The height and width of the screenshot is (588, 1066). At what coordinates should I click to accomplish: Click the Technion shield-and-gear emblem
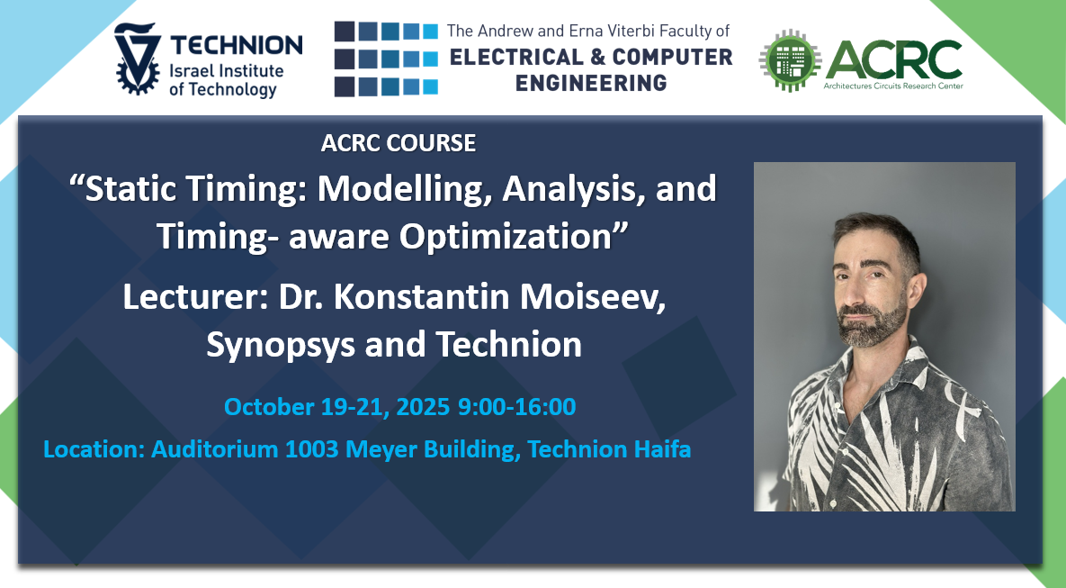[x=138, y=59]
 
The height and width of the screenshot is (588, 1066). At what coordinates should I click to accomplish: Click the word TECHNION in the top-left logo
[x=237, y=45]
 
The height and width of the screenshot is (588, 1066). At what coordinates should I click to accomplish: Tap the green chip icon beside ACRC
[x=790, y=60]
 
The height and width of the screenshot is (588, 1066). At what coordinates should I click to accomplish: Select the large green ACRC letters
[x=894, y=59]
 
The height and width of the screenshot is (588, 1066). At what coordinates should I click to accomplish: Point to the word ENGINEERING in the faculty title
[x=591, y=83]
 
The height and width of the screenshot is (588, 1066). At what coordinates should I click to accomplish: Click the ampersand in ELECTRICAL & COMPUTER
[x=597, y=57]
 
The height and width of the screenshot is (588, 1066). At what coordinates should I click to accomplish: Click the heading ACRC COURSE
[x=399, y=143]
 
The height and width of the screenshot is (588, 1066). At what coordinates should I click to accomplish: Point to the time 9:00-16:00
[x=516, y=406]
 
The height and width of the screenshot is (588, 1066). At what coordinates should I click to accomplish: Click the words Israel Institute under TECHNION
[x=227, y=70]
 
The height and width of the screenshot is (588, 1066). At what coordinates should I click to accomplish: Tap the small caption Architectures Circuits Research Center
[x=893, y=86]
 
